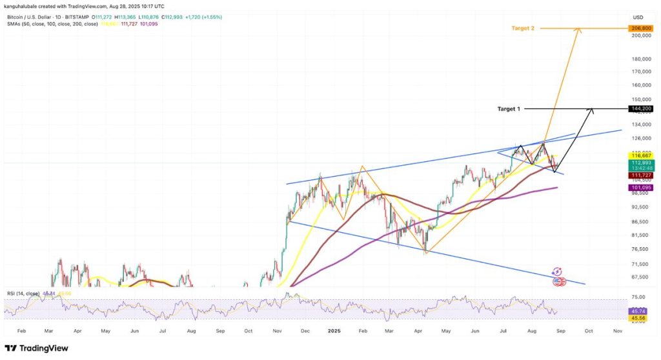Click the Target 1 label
coord(509,109)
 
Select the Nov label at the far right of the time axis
coord(617,330)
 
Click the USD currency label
coord(638,17)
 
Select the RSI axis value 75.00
coord(638,297)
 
